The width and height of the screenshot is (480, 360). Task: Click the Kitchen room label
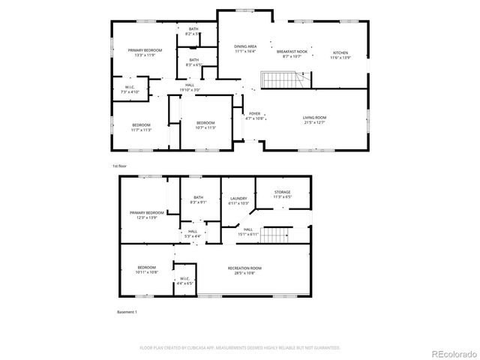(340, 55)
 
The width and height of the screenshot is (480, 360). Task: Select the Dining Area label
(245, 49)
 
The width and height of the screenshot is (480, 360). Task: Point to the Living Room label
(314, 120)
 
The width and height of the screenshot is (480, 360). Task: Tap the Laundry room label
(238, 201)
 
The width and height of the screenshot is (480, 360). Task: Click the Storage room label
(282, 194)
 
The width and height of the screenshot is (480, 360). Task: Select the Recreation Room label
(245, 270)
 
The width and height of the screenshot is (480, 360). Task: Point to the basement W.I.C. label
(184, 281)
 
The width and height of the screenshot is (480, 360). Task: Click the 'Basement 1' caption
(127, 311)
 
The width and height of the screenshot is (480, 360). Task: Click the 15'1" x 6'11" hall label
(247, 232)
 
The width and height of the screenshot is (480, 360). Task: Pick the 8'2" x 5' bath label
(193, 31)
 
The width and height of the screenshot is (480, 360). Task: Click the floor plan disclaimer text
(240, 348)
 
